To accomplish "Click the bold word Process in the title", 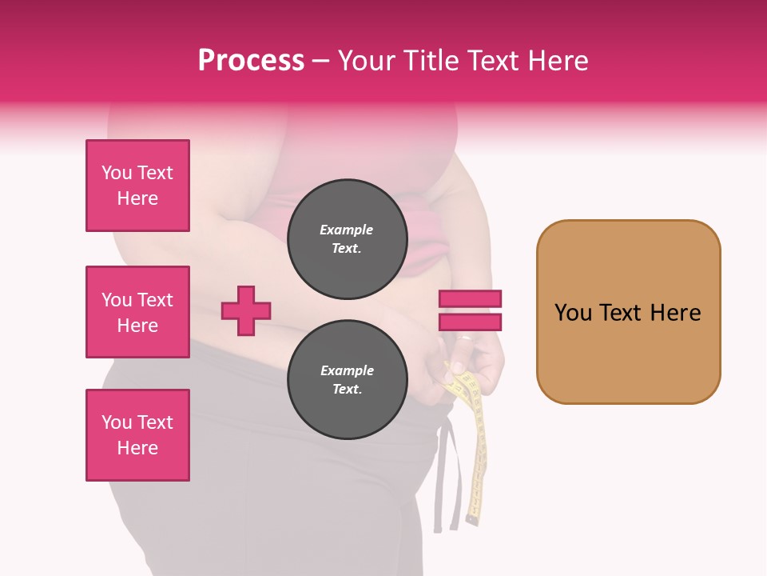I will click(251, 61).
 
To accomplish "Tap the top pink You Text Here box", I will click(137, 186).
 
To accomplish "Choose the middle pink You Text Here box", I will click(137, 312).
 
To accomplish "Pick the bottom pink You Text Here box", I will click(137, 435).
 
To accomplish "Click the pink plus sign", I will click(246, 310).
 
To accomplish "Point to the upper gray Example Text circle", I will click(346, 239).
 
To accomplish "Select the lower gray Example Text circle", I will click(346, 380).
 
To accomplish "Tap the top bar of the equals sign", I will click(470, 298).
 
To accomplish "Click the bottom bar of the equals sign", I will click(470, 322).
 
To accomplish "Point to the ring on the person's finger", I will click(466, 338).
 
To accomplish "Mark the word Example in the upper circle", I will click(346, 230).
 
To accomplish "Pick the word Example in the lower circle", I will click(346, 370).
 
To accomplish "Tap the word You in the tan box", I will click(573, 312).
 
